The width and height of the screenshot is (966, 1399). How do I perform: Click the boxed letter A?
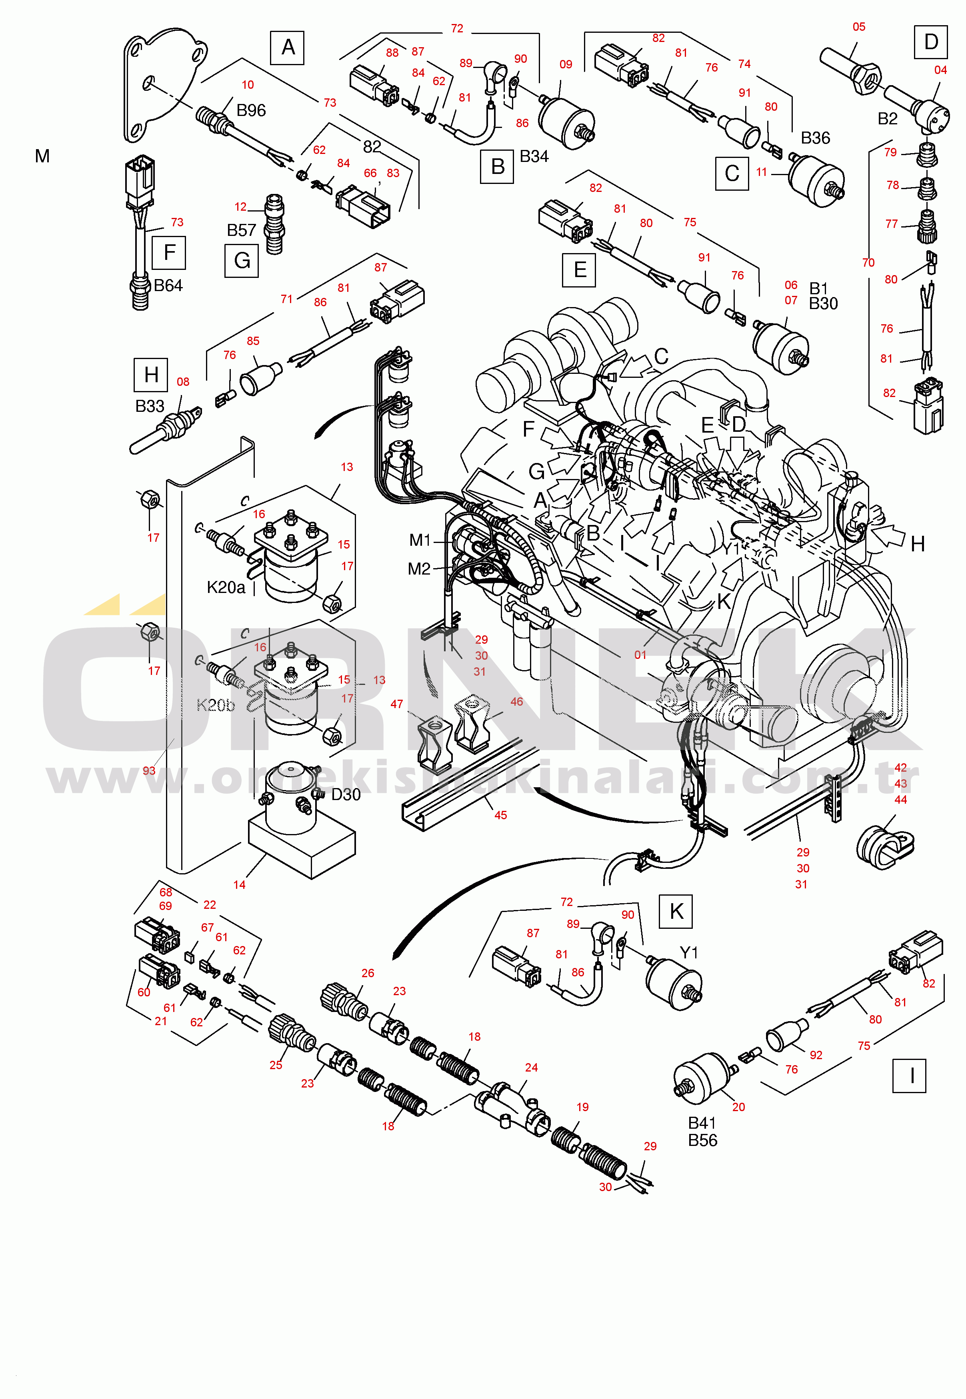tap(288, 47)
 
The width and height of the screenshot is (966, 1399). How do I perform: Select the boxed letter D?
tap(931, 42)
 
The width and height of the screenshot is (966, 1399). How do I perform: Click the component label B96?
tap(251, 110)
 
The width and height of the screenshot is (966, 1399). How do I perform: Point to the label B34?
tap(534, 156)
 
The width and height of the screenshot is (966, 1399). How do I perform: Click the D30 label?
tap(346, 794)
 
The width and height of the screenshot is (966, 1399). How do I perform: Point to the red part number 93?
tap(149, 770)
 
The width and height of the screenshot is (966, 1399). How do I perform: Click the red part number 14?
tap(239, 884)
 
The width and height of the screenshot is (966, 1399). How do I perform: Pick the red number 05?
tap(859, 27)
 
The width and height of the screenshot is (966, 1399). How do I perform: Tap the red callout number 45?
tap(500, 815)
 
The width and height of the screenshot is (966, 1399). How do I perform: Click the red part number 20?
tap(738, 1107)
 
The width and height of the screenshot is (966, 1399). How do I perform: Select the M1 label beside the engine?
tap(420, 540)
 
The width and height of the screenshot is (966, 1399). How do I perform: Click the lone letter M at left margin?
tap(42, 156)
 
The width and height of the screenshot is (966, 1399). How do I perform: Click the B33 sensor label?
tap(150, 406)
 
